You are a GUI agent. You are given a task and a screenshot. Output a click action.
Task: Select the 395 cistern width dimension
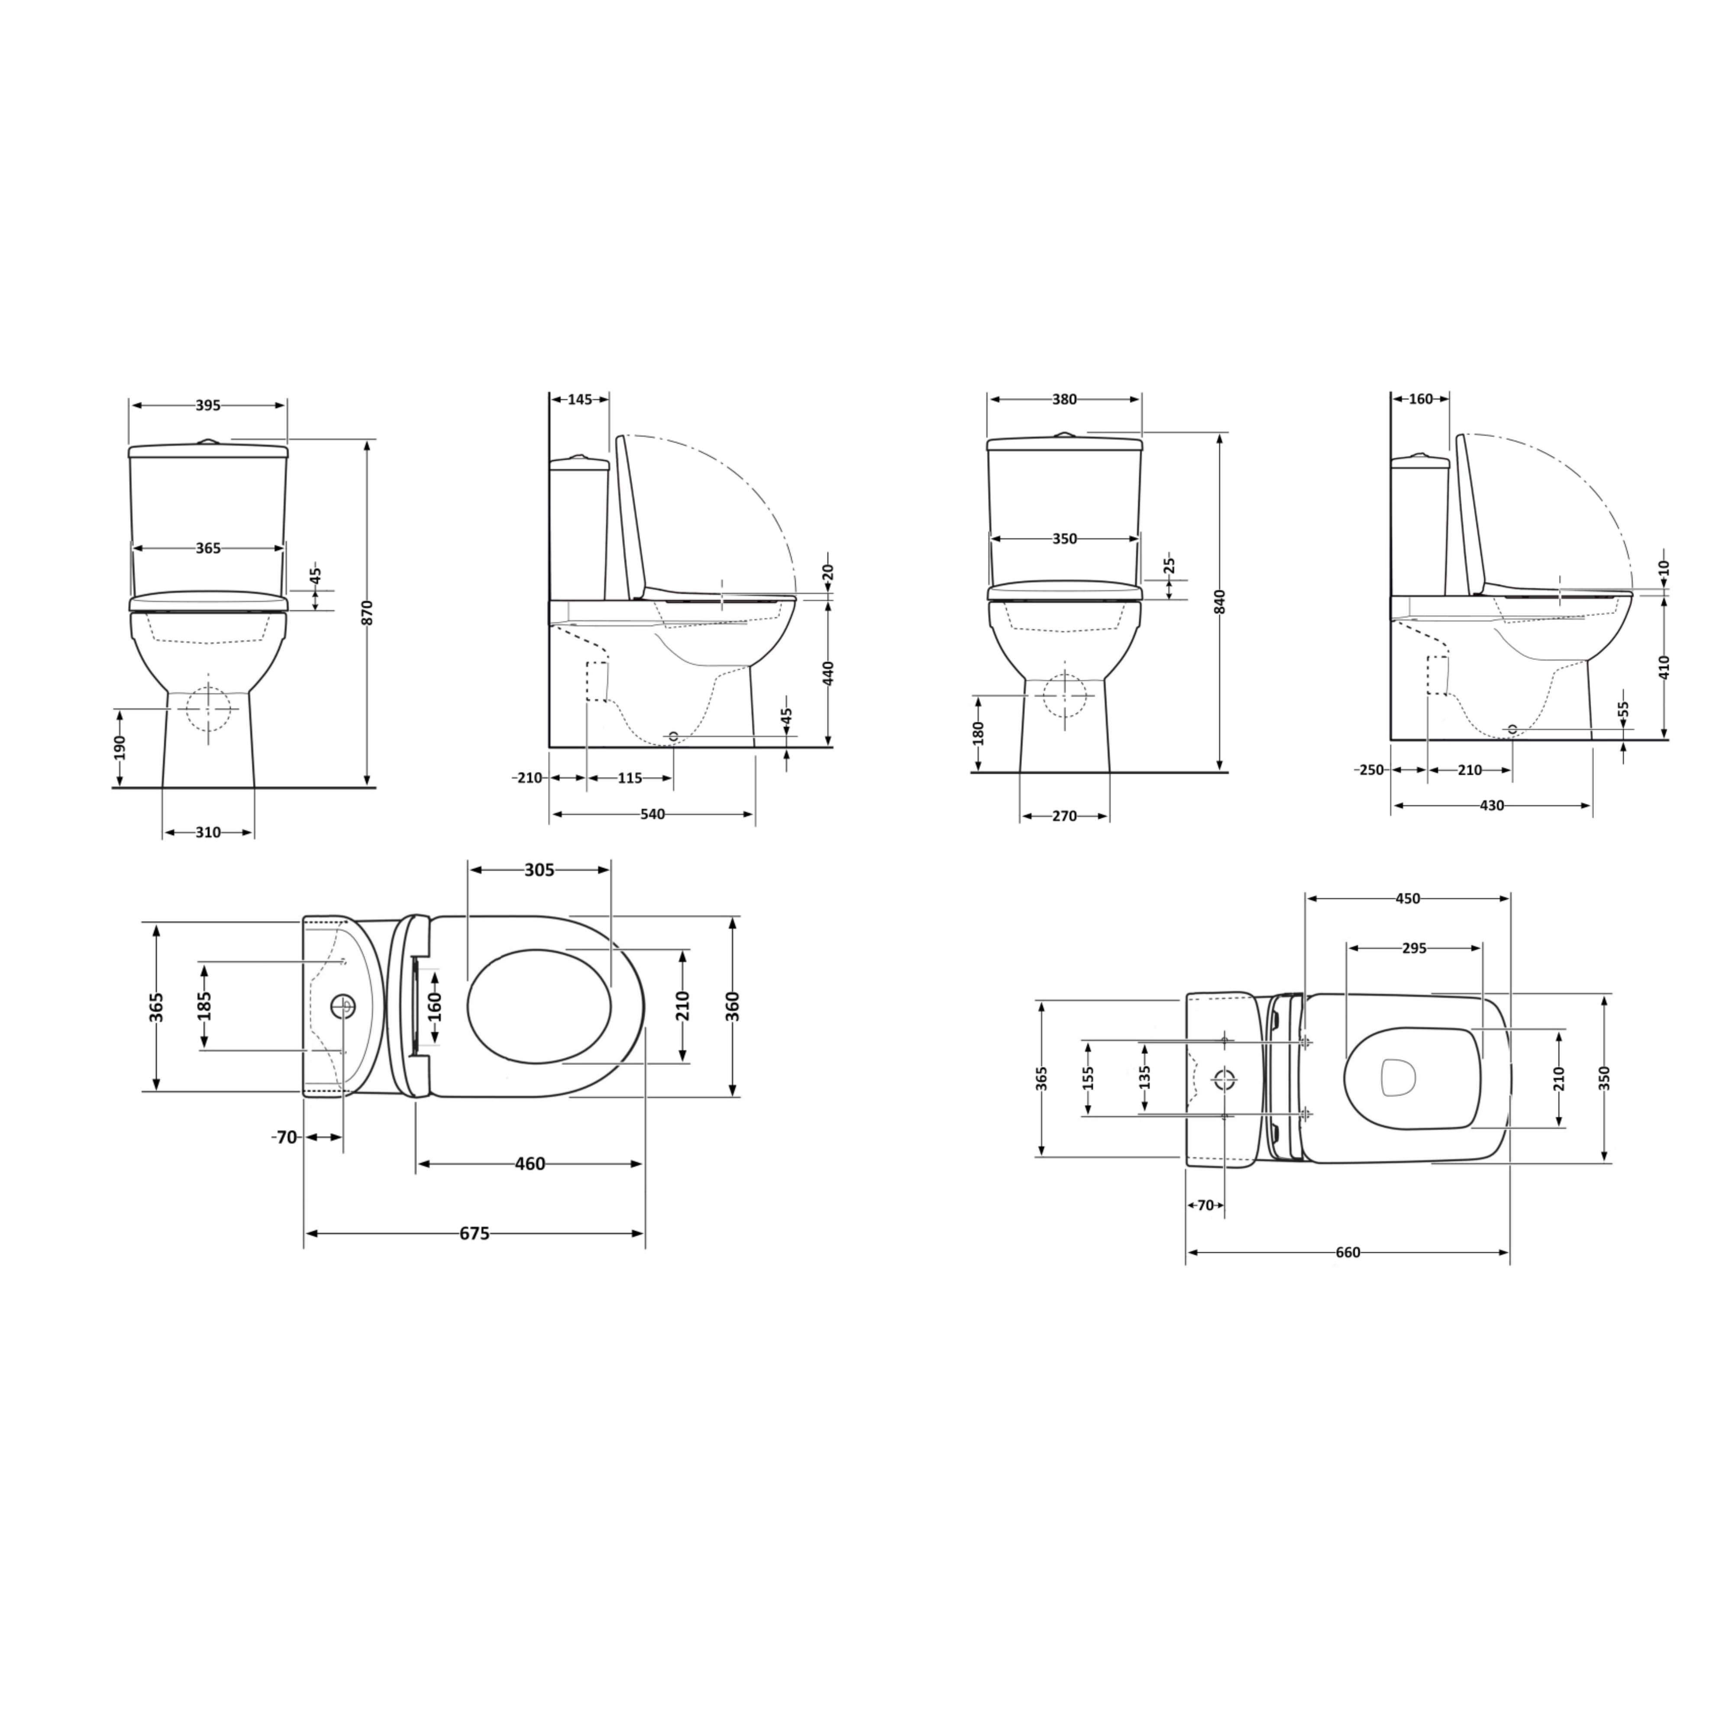(x=208, y=405)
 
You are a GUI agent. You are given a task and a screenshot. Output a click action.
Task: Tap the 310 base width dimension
(x=208, y=832)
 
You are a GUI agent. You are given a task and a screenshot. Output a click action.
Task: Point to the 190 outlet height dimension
(x=119, y=748)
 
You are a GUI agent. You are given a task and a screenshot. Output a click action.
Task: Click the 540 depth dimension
(x=653, y=814)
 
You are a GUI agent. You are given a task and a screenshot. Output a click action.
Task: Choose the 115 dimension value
(x=630, y=778)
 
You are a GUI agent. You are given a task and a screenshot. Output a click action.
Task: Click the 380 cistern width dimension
(x=1064, y=400)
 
